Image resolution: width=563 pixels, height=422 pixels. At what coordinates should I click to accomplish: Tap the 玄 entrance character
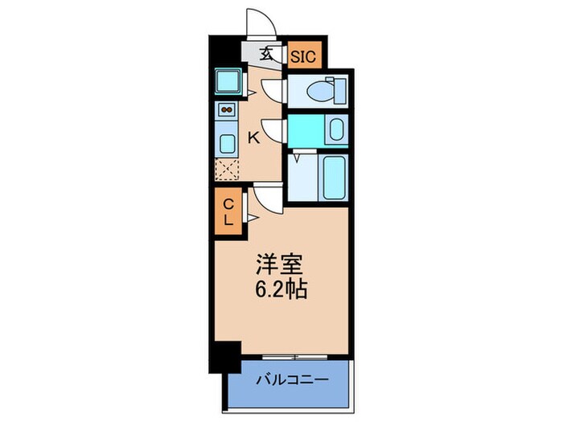click(265, 55)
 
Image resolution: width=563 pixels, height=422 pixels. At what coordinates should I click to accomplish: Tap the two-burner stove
click(226, 111)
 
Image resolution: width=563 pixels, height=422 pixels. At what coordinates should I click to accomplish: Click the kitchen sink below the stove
click(227, 144)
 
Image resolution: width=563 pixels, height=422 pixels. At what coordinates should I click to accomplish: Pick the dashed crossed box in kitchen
click(227, 170)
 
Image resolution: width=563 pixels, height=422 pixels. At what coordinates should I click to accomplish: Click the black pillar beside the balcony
click(228, 354)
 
